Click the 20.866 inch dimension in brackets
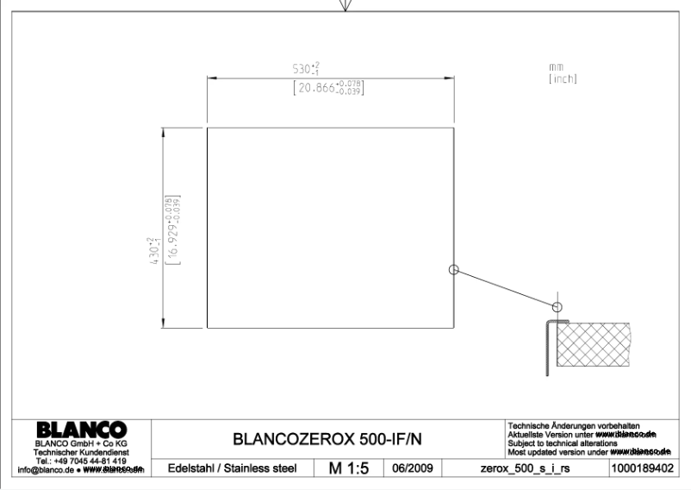(x=328, y=86)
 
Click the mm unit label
(x=557, y=67)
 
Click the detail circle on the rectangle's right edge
(x=455, y=269)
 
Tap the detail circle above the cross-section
(x=557, y=305)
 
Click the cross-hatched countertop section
(x=595, y=342)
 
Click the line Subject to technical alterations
(x=561, y=443)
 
